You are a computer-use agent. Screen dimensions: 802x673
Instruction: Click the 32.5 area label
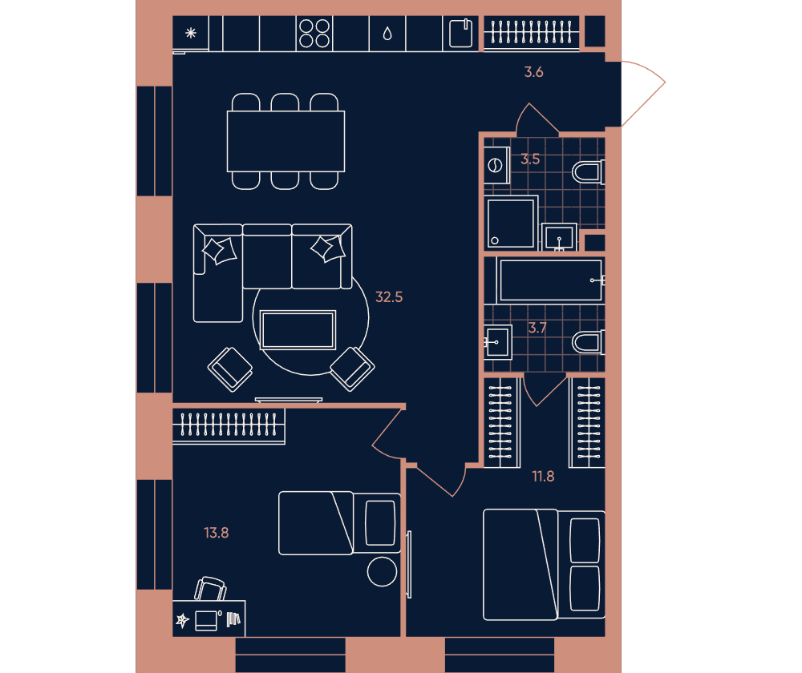[x=389, y=297]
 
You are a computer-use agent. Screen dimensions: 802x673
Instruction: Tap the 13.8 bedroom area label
[x=217, y=533]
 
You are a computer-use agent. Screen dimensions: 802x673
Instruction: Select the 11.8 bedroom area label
[x=543, y=476]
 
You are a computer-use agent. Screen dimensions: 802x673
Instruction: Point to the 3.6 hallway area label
[x=533, y=72]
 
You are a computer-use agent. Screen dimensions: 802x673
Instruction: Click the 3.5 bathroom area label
[x=530, y=159]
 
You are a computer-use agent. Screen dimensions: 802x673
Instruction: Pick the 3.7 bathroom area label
[x=537, y=328]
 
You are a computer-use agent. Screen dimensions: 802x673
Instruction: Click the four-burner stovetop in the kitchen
[x=314, y=33]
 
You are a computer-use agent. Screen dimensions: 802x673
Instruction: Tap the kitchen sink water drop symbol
[x=387, y=34]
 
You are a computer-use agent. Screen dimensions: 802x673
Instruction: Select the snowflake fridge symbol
[x=191, y=33]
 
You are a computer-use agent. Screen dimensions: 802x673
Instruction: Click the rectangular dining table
[x=286, y=142]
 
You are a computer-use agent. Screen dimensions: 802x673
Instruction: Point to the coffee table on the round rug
[x=298, y=330]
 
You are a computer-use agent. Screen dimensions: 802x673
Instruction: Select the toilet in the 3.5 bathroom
[x=588, y=172]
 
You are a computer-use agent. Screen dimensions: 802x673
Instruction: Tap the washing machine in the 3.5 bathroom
[x=496, y=165]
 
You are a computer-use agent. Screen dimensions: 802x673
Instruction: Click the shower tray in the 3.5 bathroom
[x=511, y=224]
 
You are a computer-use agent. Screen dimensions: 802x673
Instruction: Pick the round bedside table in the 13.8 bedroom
[x=382, y=571]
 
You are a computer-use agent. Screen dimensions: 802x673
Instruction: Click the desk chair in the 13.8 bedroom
[x=211, y=589]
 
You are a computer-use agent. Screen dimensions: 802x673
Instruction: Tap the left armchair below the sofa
[x=230, y=369]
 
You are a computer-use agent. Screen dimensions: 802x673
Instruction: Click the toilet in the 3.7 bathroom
[x=588, y=343]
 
